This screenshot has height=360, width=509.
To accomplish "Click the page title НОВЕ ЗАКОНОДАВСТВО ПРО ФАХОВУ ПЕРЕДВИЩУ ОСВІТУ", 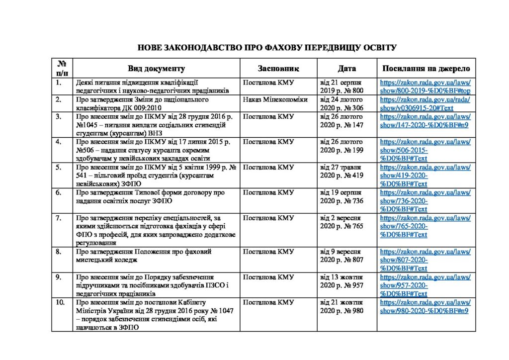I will pos(267,48).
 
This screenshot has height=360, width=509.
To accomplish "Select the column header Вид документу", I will pos(156,69).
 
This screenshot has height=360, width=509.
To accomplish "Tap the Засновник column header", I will pos(278,69).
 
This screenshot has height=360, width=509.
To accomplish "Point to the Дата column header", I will pos(346,69).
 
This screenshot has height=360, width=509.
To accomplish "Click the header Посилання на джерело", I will pos(425,69).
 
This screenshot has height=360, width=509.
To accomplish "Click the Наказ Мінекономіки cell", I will pos(275,99).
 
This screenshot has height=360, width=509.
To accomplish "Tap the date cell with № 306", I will pos(342,103).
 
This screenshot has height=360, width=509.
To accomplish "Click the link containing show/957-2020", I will pos(425,285).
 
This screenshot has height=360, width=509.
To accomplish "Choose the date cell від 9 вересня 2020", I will pos(342,256).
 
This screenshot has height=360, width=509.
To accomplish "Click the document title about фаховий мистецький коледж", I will pos(144,256).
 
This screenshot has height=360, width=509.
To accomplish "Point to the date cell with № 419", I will pos(342,171).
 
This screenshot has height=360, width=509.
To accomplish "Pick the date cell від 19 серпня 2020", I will pos(342,196).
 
